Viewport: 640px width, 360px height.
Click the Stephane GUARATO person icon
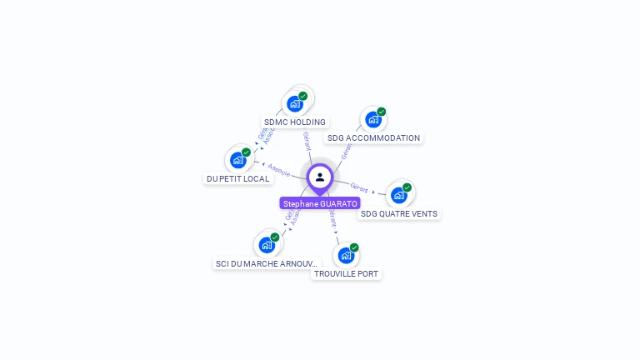tap(320, 177)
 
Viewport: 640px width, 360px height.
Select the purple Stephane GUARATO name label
tap(320, 203)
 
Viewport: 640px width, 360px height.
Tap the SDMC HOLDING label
tap(294, 122)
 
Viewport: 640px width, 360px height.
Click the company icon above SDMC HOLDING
tap(294, 103)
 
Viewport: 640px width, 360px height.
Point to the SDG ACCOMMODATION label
tap(373, 137)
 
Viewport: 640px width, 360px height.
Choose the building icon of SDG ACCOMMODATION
tap(373, 119)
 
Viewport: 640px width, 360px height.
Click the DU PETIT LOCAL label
tap(238, 178)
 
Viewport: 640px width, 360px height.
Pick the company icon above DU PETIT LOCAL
tap(238, 160)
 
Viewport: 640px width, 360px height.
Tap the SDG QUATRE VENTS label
tap(399, 213)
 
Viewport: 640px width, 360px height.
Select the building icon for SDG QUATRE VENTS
tap(399, 195)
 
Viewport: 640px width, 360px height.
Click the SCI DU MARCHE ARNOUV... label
tap(267, 263)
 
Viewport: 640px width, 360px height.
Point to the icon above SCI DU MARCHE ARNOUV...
tap(267, 245)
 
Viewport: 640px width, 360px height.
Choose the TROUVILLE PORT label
tap(347, 273)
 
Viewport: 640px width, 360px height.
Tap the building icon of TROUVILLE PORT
tap(346, 255)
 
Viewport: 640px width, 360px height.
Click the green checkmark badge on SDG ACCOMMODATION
tap(382, 112)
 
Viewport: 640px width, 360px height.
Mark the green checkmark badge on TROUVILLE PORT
tap(354, 247)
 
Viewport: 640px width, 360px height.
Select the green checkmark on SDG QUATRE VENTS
tap(407, 187)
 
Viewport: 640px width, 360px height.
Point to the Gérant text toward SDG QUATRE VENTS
tap(359, 187)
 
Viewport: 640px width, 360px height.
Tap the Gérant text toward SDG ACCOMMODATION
tap(346, 150)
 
